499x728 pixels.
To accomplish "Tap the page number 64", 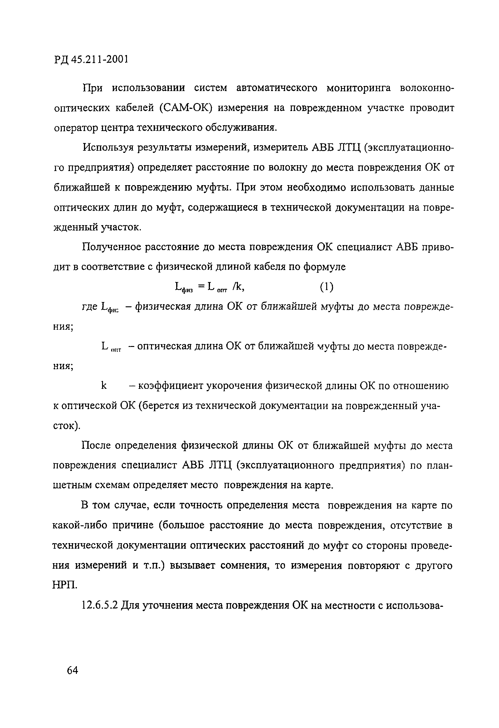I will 72,670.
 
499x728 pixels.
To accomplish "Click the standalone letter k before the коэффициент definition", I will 104,386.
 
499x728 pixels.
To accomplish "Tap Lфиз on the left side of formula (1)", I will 184,287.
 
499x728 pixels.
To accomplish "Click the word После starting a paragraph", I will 97,445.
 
